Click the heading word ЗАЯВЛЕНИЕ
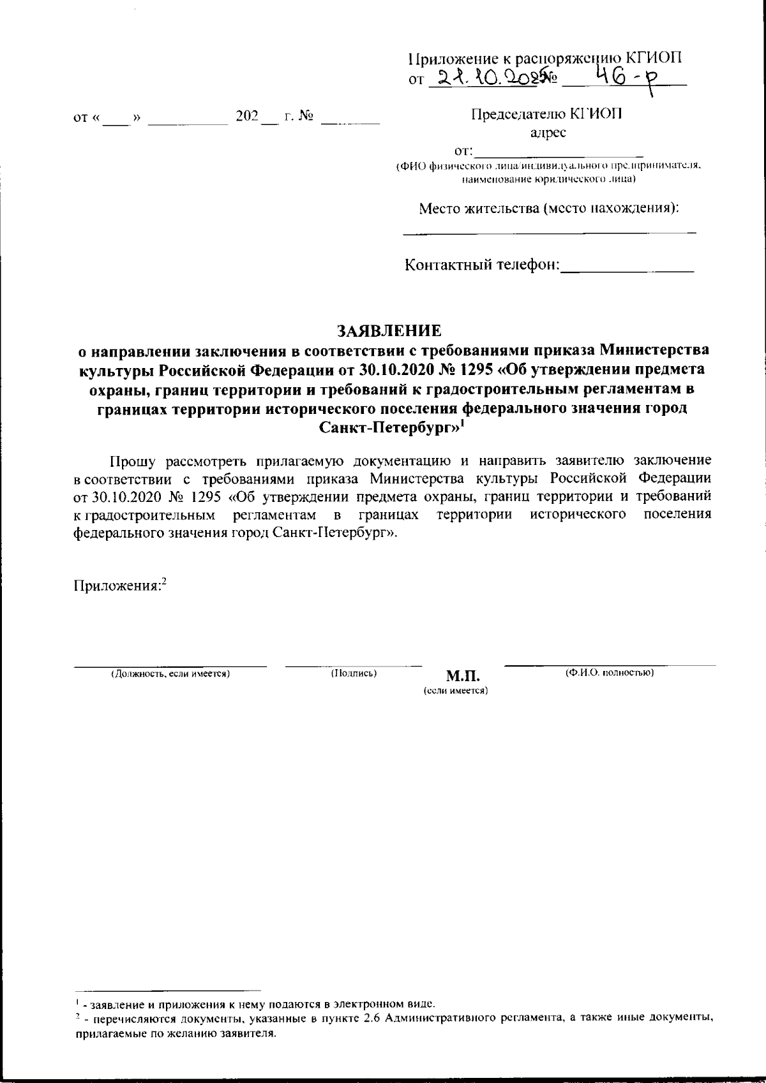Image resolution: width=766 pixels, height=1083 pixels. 389,331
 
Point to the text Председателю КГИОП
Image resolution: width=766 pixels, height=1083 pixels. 548,114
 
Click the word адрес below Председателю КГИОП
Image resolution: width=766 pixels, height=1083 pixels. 548,133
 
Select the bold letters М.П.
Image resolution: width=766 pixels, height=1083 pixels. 463,676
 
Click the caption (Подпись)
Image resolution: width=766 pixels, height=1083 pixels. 354,673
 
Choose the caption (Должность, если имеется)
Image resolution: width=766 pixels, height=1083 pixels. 170,674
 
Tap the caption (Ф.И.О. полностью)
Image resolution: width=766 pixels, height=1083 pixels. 610,673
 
